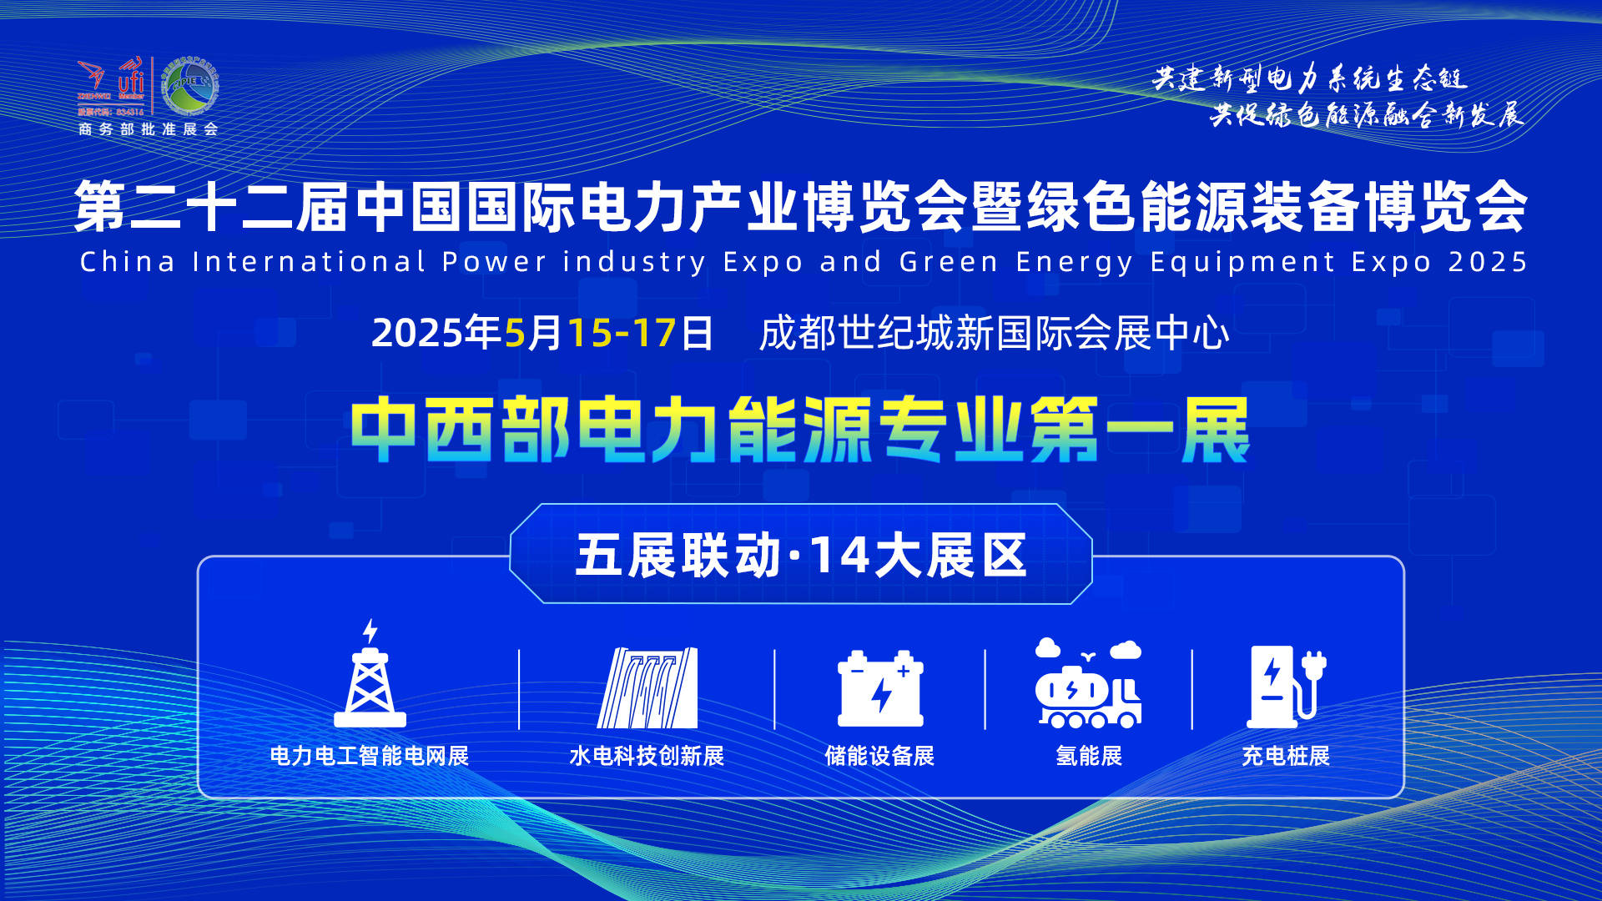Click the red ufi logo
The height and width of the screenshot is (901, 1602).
(x=131, y=78)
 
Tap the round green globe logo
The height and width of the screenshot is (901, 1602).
(x=189, y=86)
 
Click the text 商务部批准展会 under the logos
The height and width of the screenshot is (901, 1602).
(x=148, y=129)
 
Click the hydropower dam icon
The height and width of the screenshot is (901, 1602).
(x=647, y=687)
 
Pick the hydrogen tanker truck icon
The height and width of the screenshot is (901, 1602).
(x=1088, y=684)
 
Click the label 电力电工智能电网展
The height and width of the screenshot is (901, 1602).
(x=369, y=756)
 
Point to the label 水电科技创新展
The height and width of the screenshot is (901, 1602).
(x=647, y=756)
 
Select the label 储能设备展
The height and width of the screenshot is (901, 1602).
(x=879, y=756)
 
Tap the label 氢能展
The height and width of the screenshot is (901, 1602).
(x=1089, y=756)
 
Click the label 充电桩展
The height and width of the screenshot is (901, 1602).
(x=1286, y=756)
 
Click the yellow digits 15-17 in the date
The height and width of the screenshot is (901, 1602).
(x=622, y=333)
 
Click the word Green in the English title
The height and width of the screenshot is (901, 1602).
(x=949, y=262)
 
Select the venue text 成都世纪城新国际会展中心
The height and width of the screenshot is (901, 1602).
(x=994, y=333)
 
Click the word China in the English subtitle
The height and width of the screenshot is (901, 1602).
(x=128, y=262)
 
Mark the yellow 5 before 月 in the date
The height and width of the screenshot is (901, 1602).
(x=515, y=333)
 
